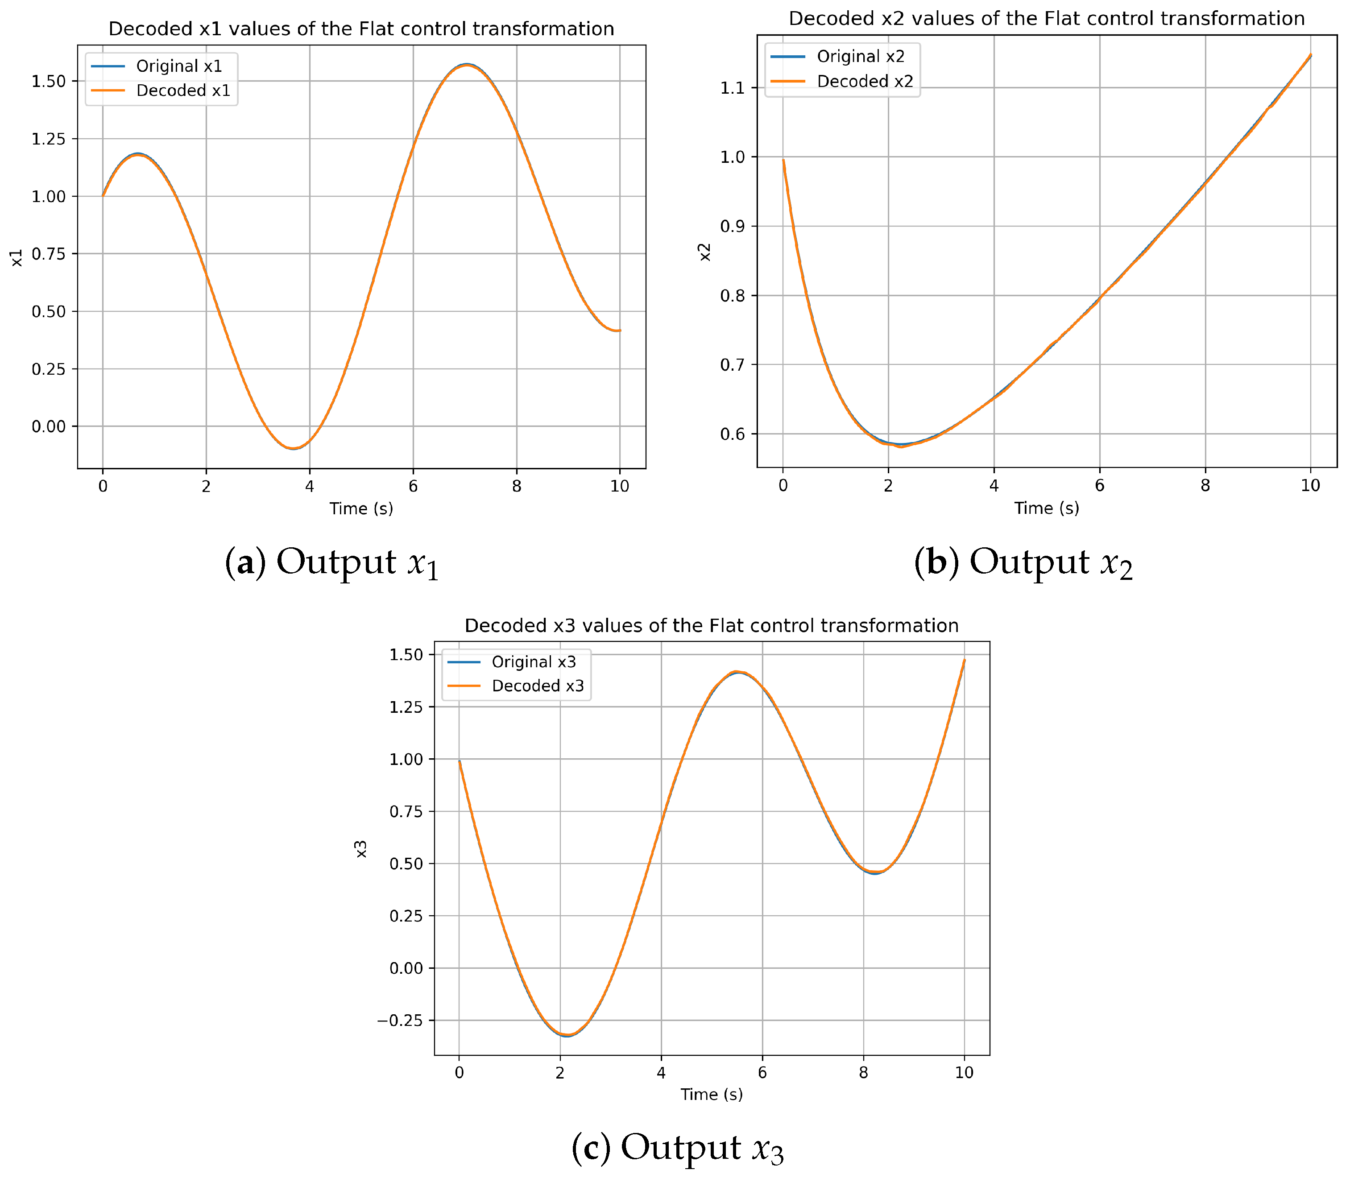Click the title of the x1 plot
click(361, 29)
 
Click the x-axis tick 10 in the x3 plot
click(964, 1073)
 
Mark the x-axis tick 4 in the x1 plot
click(310, 487)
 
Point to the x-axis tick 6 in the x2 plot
click(1099, 486)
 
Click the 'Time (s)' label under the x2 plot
click(1046, 508)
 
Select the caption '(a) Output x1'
click(331, 563)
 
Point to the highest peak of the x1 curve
click(467, 64)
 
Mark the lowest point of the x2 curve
click(901, 446)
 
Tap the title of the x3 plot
click(712, 626)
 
